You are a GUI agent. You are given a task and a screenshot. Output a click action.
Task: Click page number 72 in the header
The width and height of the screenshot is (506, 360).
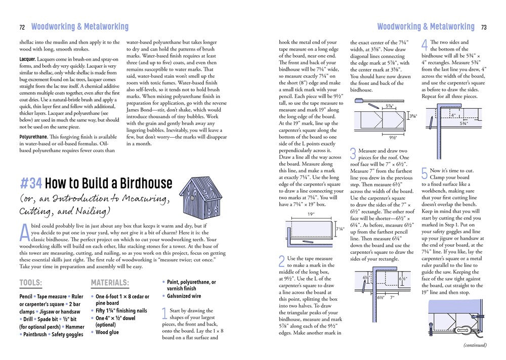(22, 27)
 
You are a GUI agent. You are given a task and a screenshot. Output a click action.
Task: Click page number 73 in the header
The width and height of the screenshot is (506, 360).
(484, 27)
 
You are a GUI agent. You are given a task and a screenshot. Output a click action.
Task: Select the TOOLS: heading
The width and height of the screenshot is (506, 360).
(30, 283)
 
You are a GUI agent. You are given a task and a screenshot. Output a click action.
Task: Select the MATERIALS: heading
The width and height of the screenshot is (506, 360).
(109, 283)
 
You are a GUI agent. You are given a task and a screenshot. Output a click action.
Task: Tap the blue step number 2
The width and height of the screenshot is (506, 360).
(282, 261)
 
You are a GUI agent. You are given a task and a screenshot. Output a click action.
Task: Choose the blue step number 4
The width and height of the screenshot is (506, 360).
(425, 45)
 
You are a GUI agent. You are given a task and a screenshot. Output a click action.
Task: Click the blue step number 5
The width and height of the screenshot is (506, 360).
(425, 173)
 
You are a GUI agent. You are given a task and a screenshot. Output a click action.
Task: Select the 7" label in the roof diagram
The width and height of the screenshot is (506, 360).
(392, 297)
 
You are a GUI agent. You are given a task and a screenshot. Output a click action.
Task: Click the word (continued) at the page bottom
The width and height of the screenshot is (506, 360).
(475, 345)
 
